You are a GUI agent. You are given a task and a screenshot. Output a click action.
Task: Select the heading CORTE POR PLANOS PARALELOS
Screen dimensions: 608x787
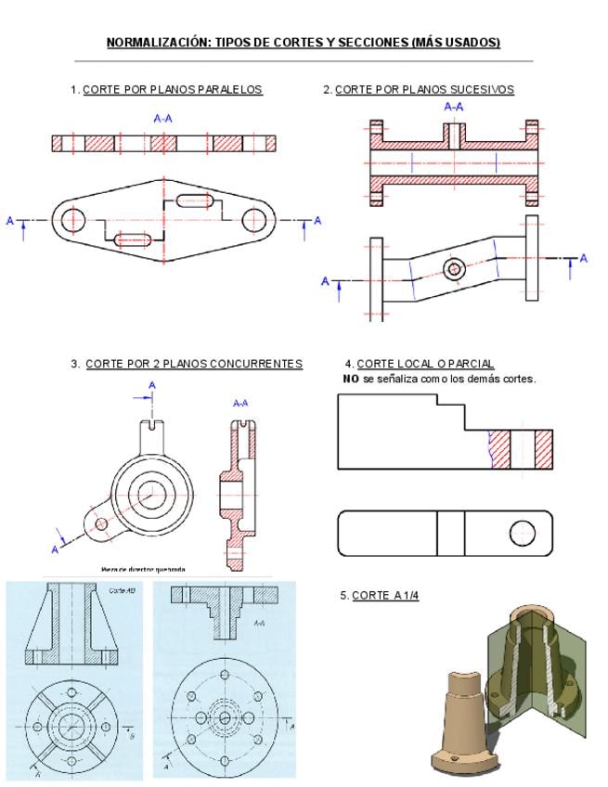pos(173,90)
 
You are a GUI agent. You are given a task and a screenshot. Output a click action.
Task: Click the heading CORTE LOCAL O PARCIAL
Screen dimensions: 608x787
pos(425,364)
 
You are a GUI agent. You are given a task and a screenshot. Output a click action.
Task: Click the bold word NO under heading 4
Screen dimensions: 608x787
pos(350,379)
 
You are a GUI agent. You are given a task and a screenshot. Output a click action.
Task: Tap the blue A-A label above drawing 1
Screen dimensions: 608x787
pos(163,119)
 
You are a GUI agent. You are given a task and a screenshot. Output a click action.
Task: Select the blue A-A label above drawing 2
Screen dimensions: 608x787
pos(454,108)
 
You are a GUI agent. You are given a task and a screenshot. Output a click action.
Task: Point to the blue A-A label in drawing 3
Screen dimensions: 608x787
pos(240,403)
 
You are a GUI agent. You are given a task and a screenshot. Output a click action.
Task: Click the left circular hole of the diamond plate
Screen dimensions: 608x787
pos(72,220)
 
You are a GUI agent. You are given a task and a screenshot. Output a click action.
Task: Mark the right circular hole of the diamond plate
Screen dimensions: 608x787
pos(253,220)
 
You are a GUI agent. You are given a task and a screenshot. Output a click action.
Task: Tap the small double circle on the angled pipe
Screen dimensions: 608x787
pos(454,269)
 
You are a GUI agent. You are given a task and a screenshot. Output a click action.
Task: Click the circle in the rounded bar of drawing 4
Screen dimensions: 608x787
pos(522,533)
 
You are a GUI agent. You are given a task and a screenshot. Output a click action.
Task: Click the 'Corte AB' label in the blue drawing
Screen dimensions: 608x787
pos(118,590)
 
